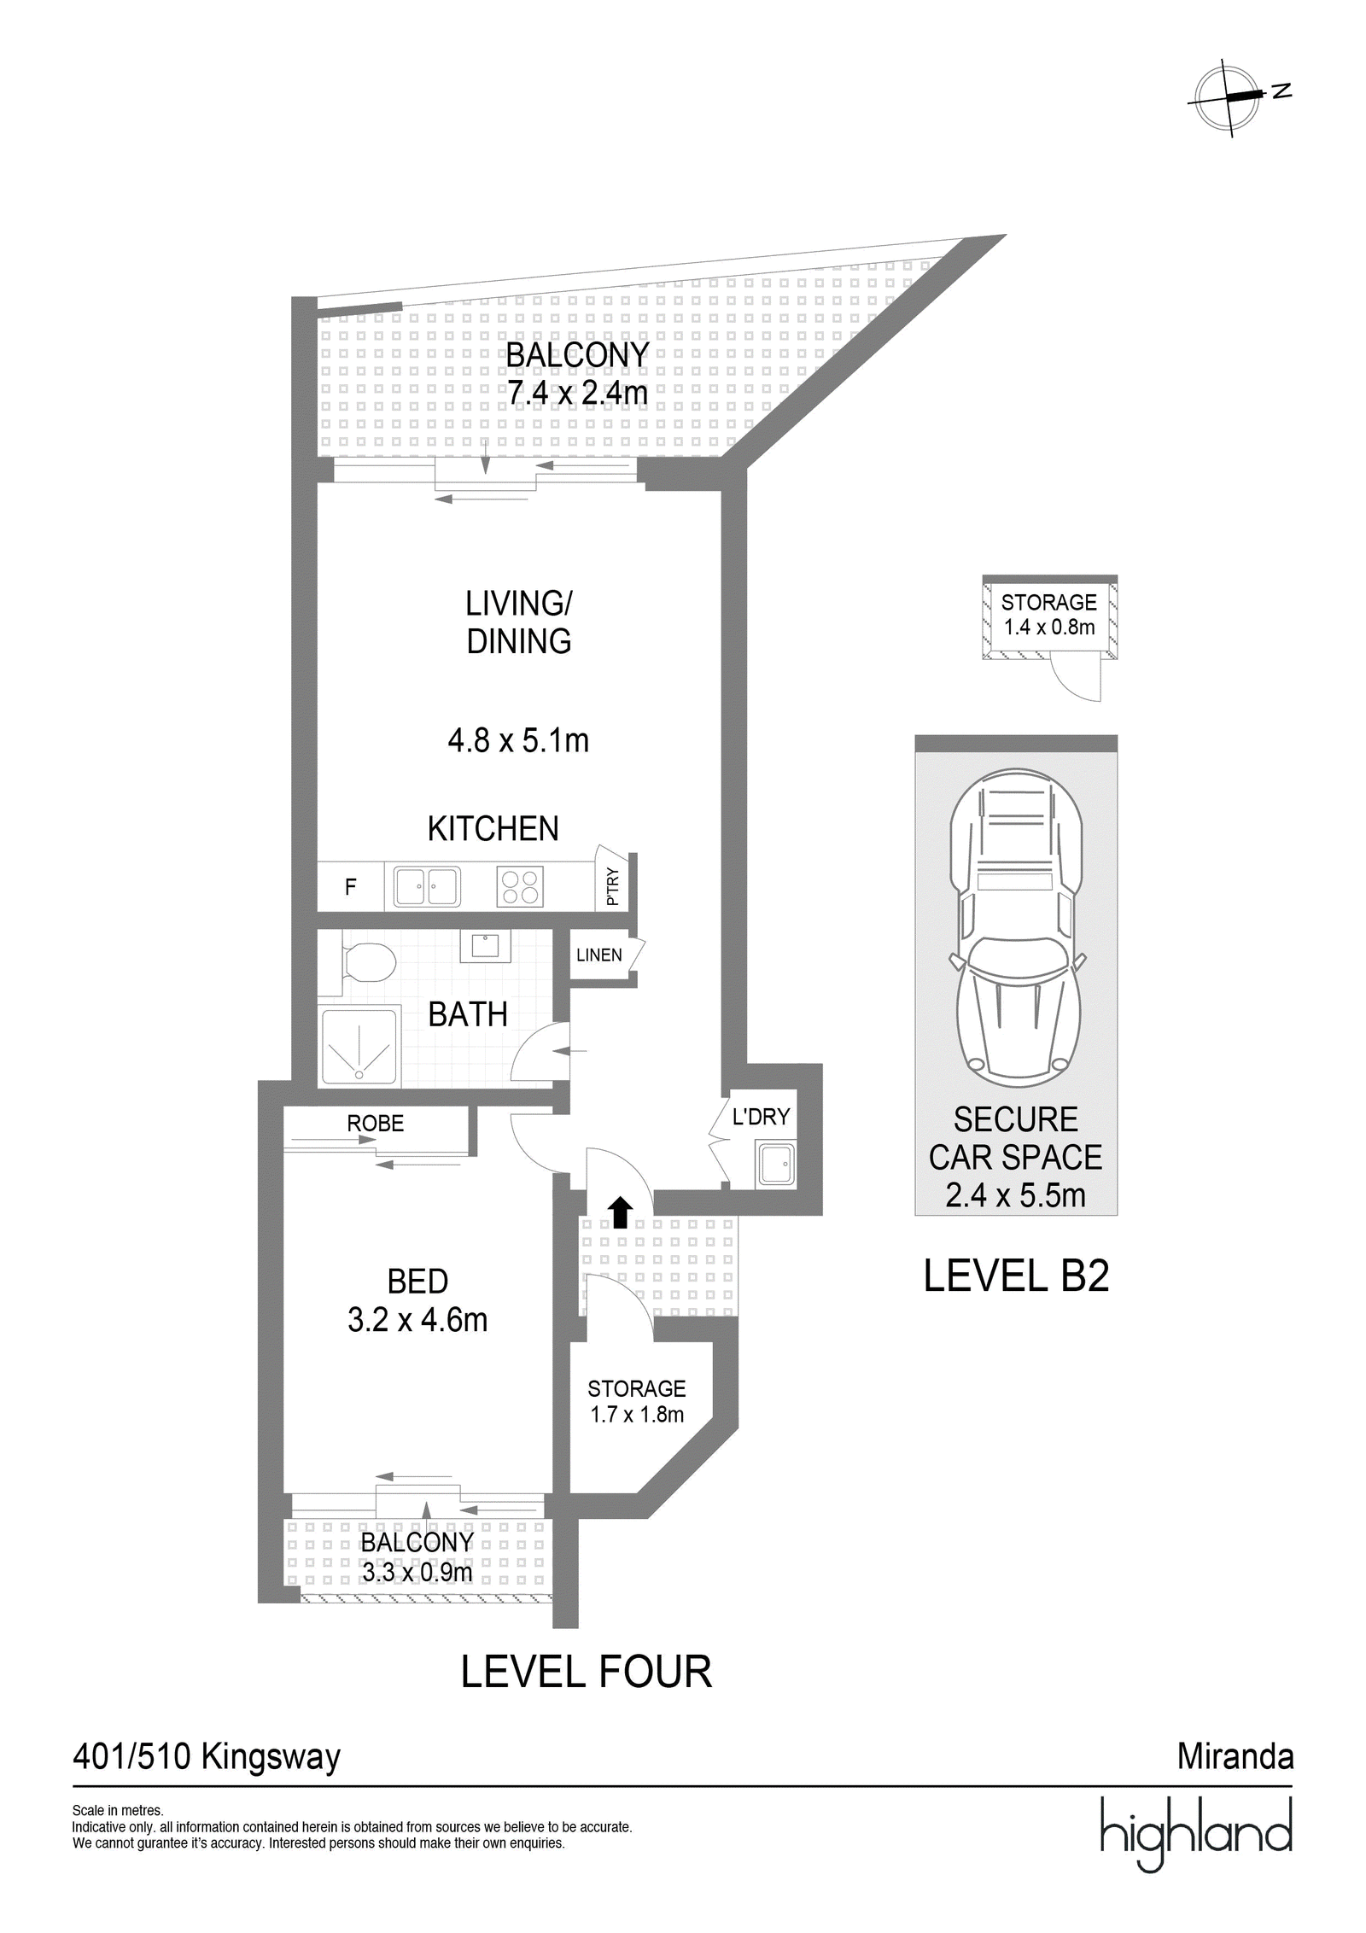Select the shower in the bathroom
[359, 1046]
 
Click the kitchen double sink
[426, 885]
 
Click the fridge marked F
[350, 886]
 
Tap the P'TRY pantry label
[611, 886]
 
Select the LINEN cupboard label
[598, 955]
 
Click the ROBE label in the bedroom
[376, 1124]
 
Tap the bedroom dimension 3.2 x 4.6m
[417, 1320]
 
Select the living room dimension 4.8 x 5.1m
[518, 740]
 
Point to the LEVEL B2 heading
[1016, 1276]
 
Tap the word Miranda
[1235, 1756]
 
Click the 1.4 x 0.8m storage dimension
[1049, 628]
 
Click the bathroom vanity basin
[486, 946]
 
